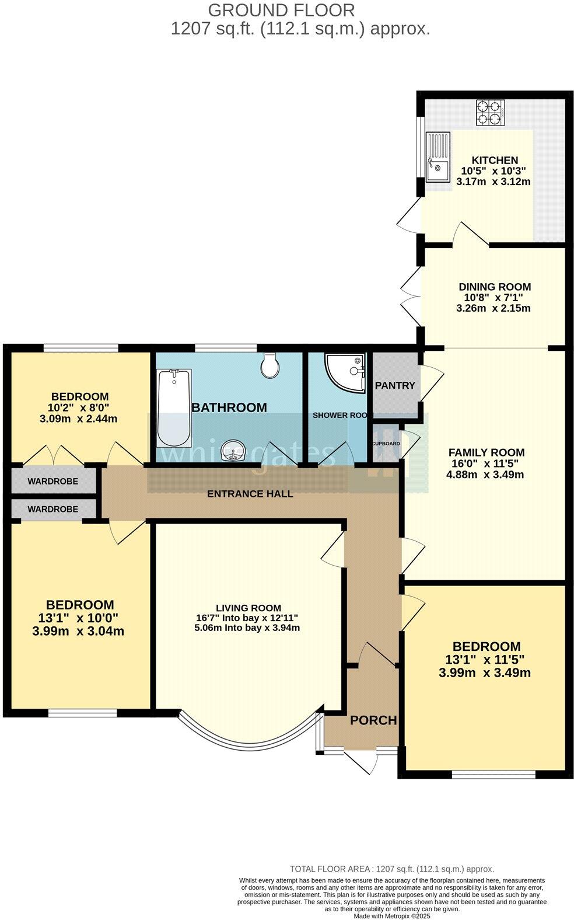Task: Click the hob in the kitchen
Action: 490,113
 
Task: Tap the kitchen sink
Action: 437,157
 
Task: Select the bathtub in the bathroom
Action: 173,407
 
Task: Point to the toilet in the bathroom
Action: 271,365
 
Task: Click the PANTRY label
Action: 395,385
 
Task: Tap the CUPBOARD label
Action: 386,444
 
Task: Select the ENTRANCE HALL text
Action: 250,494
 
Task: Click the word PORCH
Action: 373,720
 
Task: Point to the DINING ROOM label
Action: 495,287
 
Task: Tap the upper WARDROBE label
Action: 52,482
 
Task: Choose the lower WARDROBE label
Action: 52,509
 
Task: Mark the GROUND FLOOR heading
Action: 281,10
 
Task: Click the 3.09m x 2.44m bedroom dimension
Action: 78,419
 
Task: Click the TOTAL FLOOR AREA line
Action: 391,869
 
